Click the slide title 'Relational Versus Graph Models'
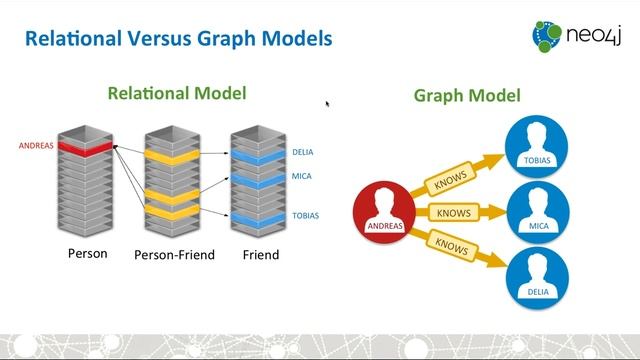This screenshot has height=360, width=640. pos(178,40)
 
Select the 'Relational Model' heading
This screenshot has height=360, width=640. pos(177,94)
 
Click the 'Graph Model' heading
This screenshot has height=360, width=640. pos(467,96)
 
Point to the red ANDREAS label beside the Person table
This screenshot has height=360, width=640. pos(36,146)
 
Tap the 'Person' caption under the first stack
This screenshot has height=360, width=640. pos(87,254)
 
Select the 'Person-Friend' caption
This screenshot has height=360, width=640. pos(174,255)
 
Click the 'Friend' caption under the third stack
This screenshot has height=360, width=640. pos(260,255)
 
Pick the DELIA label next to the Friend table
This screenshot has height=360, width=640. pos(303,152)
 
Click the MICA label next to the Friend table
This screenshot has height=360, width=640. pos(301,178)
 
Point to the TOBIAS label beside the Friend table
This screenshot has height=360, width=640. pos(305,215)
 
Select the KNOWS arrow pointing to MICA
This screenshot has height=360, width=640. pos(456,213)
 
